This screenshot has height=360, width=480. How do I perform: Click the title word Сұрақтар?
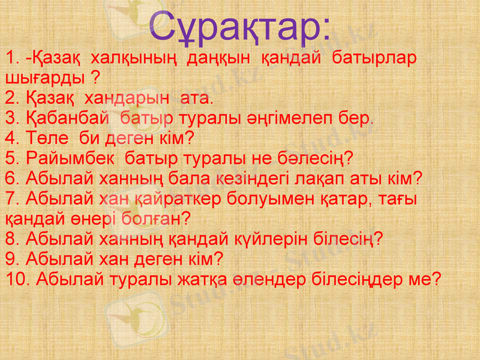[x=239, y=28]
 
